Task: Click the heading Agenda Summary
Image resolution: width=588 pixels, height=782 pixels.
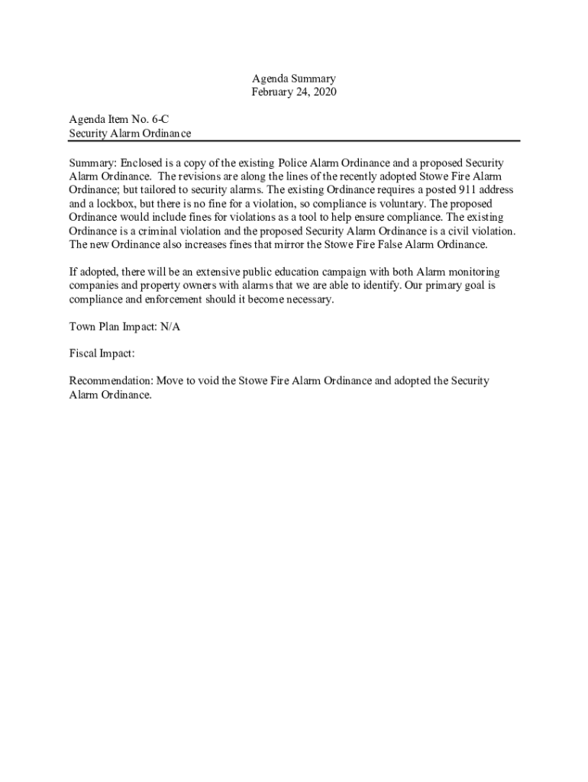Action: click(x=294, y=79)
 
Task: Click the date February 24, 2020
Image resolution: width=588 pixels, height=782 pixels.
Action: click(x=294, y=92)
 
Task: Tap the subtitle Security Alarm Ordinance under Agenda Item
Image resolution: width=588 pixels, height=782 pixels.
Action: click(x=130, y=134)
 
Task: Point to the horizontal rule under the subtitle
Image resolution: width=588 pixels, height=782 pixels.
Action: click(x=294, y=141)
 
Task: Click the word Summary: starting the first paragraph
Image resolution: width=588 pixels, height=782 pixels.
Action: click(x=92, y=163)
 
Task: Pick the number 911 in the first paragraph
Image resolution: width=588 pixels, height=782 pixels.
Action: click(x=464, y=190)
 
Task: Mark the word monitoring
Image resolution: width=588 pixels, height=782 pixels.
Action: click(x=474, y=272)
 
